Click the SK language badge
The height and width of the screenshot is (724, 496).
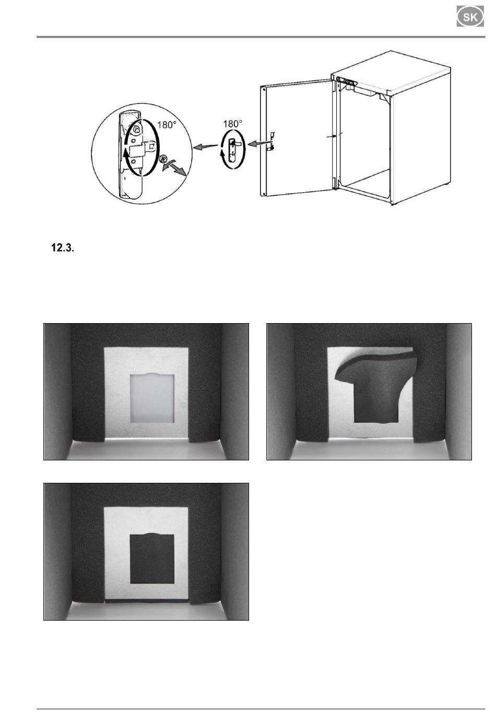coord(470,17)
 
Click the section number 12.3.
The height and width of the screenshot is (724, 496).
coord(63,248)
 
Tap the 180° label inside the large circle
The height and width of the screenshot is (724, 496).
coord(167,125)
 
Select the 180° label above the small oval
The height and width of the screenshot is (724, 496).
coord(233,124)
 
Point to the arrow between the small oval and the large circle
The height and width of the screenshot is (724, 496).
coord(205,147)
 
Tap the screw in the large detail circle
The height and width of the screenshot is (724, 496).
coord(163,159)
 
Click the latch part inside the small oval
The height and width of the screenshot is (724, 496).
coord(233,149)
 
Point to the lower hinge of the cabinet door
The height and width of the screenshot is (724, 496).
coord(335,182)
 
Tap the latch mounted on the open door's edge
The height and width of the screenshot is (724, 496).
coord(271,141)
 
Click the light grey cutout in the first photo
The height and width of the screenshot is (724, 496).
coord(152,398)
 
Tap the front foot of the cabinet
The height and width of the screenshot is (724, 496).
coord(392,204)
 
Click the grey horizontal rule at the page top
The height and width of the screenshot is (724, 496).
coord(261,37)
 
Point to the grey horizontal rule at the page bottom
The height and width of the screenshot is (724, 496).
coord(261,709)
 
